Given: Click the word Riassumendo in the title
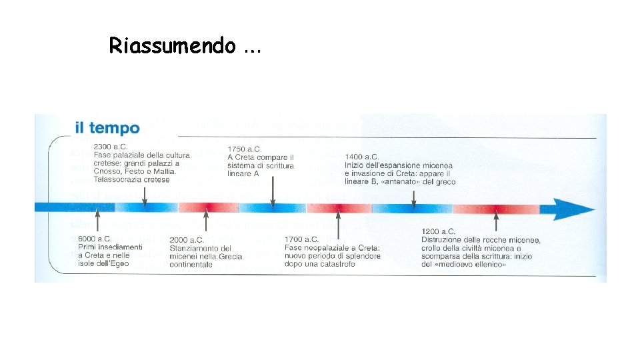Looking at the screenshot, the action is tap(172, 45).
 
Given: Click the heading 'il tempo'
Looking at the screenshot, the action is tap(107, 128).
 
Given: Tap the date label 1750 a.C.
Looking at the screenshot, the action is tap(244, 149).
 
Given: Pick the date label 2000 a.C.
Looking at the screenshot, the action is tap(187, 240).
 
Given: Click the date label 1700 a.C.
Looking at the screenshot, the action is tap(301, 239).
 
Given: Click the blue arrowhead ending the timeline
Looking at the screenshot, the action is tap(573, 209).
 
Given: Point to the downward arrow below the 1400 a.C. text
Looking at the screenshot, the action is tap(414, 198).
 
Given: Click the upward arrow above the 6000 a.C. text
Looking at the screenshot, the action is tap(98, 220).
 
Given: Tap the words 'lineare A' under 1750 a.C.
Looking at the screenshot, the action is tap(243, 174).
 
